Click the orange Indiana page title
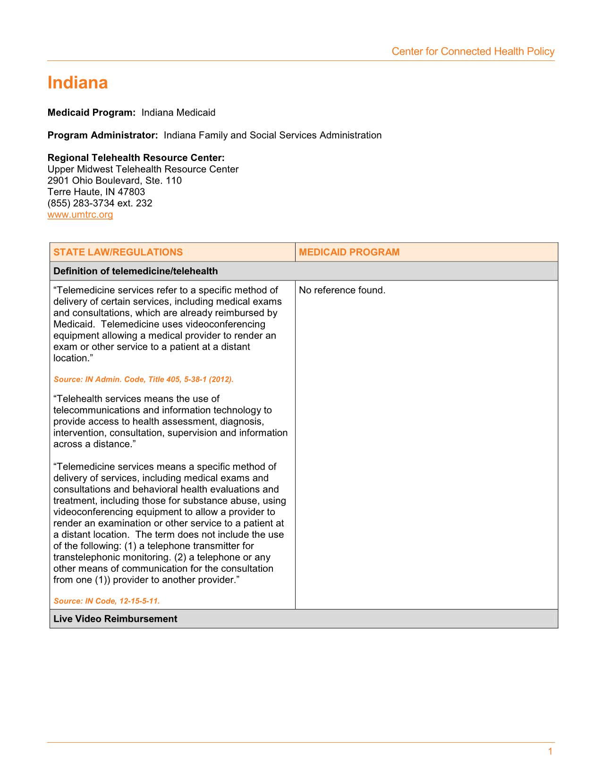click(78, 83)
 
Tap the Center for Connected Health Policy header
click(473, 51)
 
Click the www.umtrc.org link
click(80, 215)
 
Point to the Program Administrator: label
click(102, 135)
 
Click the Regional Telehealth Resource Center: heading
click(136, 158)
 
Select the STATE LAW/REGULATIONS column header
click(118, 252)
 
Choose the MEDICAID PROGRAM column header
click(349, 252)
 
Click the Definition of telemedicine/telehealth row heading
click(136, 271)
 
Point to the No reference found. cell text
click(342, 290)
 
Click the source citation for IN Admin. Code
click(144, 379)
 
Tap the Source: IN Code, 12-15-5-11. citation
click(107, 601)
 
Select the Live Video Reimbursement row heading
click(115, 619)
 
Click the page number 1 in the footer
click(550, 752)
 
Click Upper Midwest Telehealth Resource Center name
click(143, 169)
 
